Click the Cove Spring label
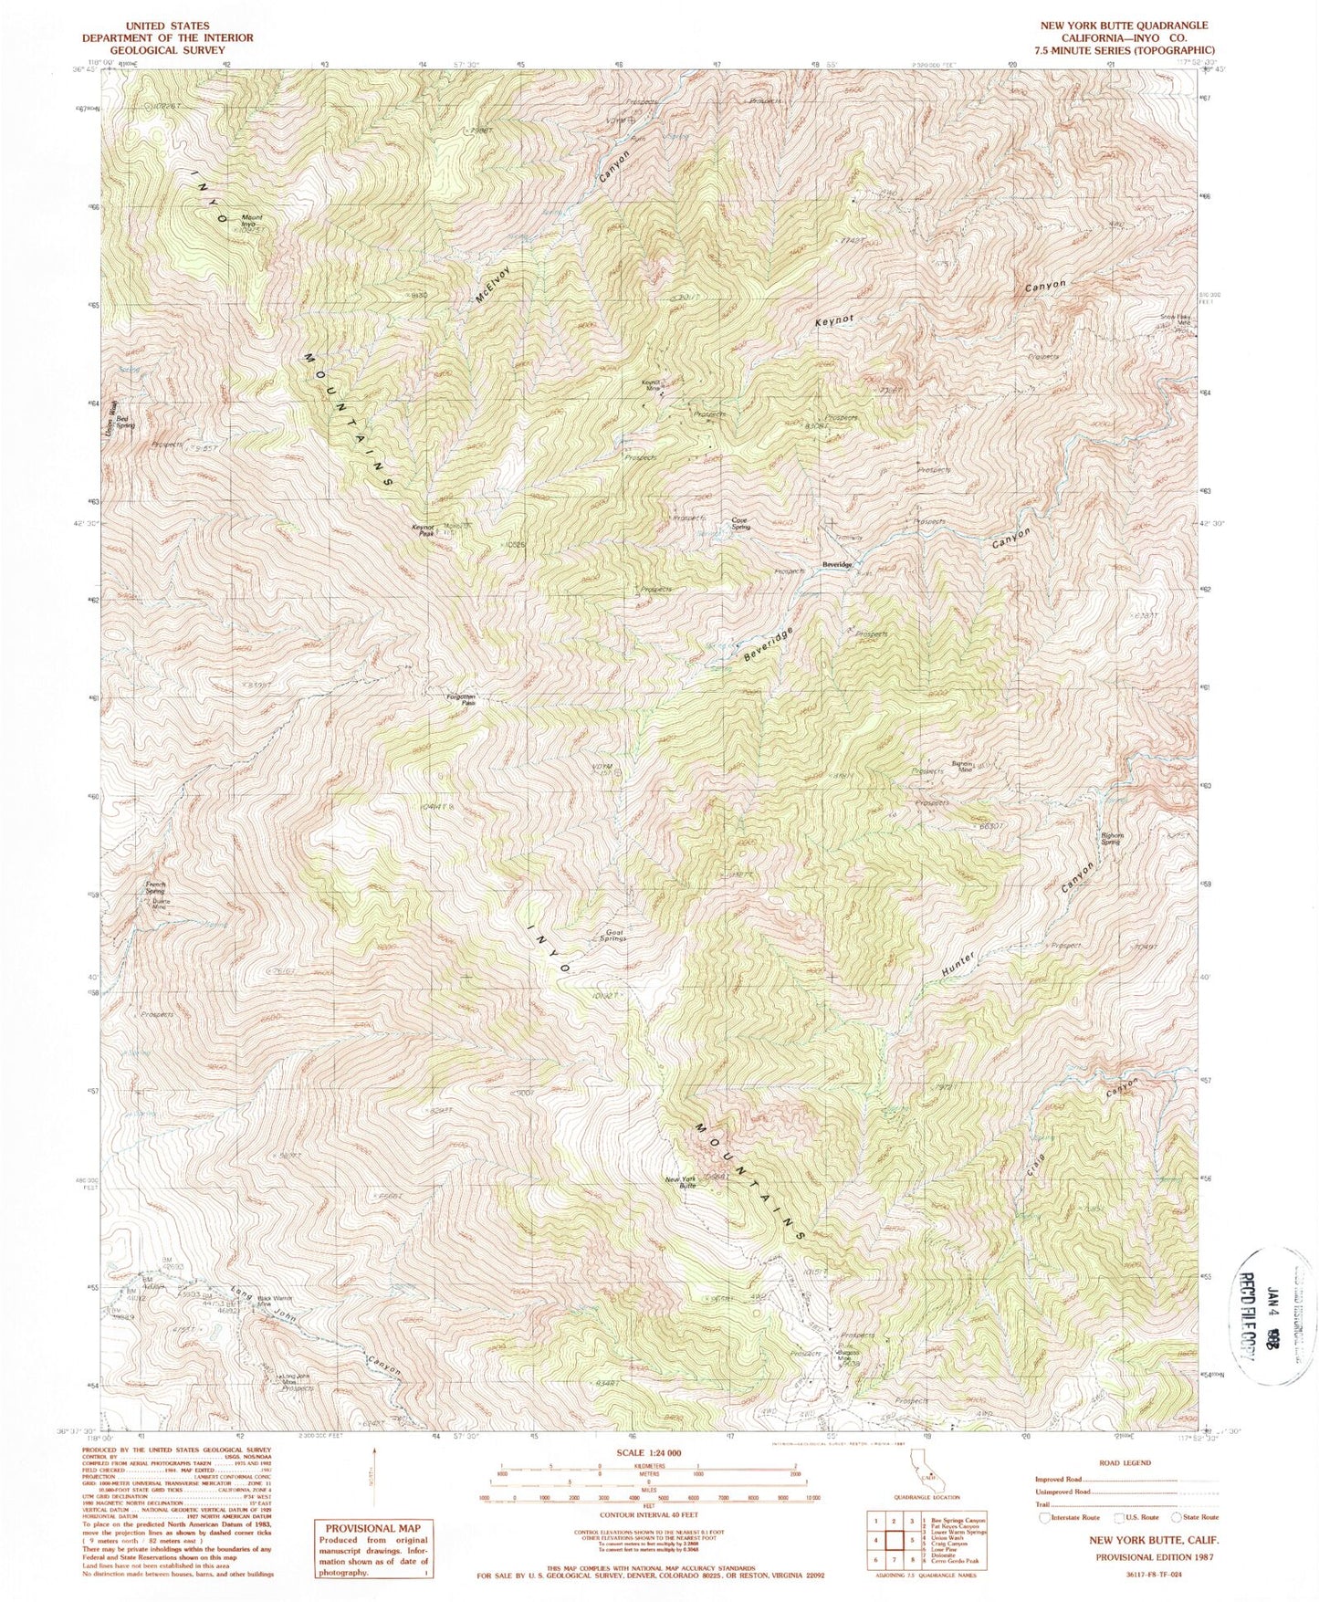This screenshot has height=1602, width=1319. click(x=740, y=525)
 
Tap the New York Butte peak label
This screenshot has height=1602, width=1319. click(x=681, y=1183)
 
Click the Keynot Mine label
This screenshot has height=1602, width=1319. click(x=651, y=385)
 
